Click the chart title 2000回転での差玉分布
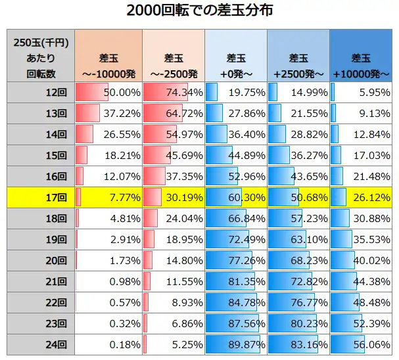coord(199,11)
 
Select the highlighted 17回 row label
coord(40,196)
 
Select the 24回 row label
coord(40,344)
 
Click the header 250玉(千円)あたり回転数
coord(40,56)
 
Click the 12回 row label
coord(40,92)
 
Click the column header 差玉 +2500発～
coord(298,56)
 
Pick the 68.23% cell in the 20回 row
coord(298,260)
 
